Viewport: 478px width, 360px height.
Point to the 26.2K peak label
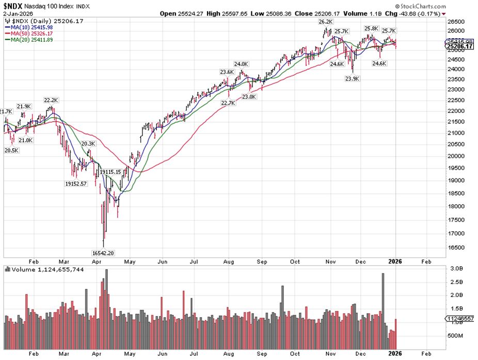click(x=326, y=22)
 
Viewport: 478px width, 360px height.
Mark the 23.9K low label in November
click(x=353, y=79)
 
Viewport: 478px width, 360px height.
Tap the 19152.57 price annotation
click(x=77, y=183)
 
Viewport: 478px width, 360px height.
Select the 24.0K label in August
click(x=241, y=64)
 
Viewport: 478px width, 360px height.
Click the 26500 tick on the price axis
click(x=453, y=22)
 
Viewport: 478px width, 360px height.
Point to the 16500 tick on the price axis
click(x=453, y=247)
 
